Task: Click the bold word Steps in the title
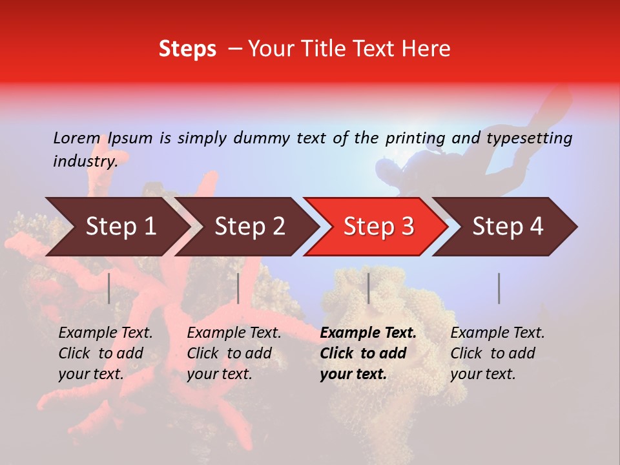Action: pos(187,49)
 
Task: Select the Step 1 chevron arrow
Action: pos(116,227)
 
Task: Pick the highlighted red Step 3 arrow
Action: pos(378,227)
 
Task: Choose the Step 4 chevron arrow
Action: pos(507,227)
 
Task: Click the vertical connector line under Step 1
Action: pos(109,288)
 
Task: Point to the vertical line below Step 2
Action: pos(238,288)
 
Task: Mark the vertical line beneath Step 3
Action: pos(368,288)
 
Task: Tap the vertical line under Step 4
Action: pos(499,288)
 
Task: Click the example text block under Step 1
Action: pos(105,353)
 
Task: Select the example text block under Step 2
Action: pos(234,353)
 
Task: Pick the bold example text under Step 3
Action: pos(368,353)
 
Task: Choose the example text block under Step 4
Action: pos(497,353)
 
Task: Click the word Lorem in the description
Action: pos(77,138)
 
